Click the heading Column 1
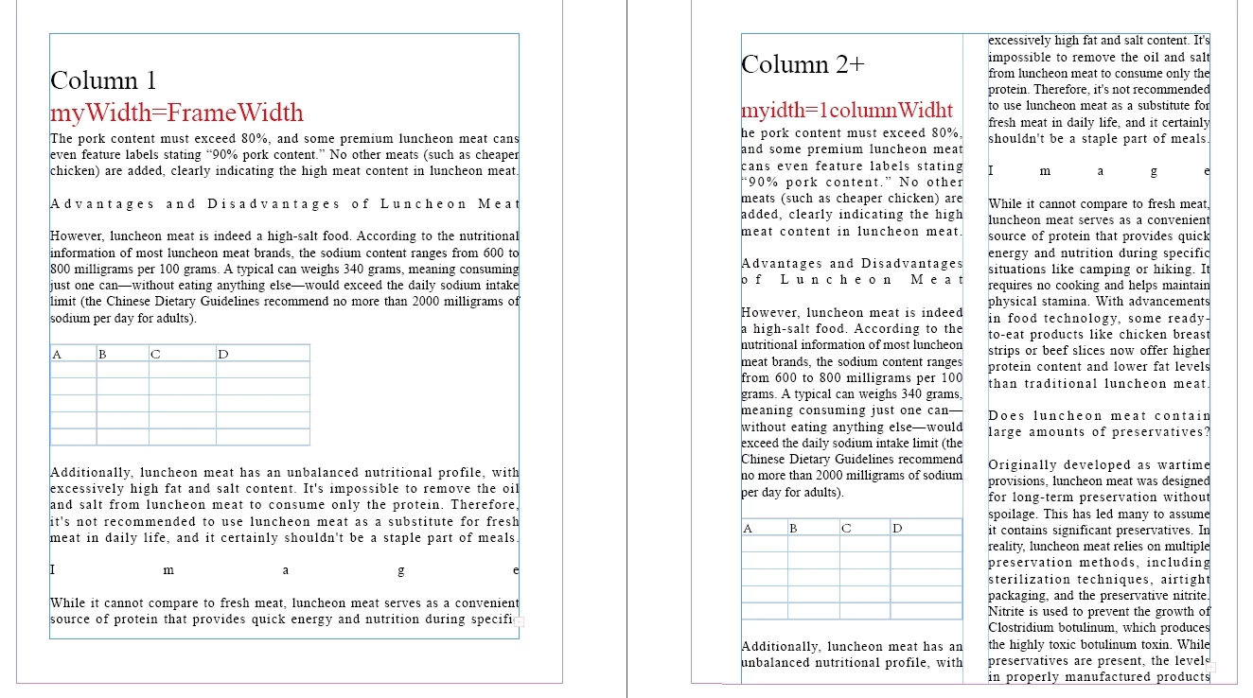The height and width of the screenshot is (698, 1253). [103, 80]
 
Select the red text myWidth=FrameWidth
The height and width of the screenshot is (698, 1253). [176, 113]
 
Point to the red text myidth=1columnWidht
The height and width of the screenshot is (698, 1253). [846, 109]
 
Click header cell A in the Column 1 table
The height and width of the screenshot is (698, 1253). [57, 355]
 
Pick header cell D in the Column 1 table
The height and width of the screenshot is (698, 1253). [223, 355]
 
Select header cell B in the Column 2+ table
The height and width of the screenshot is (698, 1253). [794, 528]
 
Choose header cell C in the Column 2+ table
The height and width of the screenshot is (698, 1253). [845, 528]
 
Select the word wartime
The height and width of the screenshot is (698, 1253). [1184, 465]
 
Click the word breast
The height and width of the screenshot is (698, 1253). [1190, 335]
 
